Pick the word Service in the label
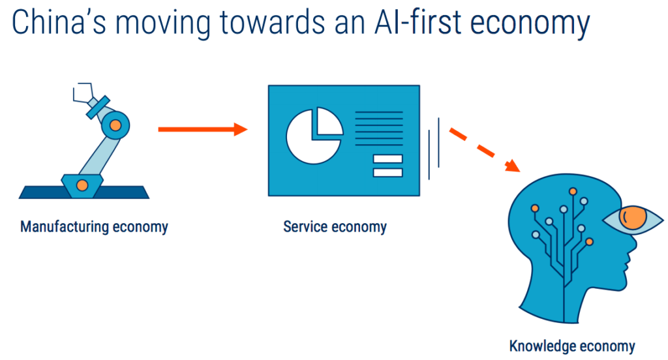(x=305, y=227)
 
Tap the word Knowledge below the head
(x=540, y=346)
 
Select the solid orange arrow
(x=203, y=129)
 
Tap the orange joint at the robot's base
(x=82, y=185)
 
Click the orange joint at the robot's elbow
(x=115, y=123)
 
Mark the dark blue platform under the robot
(x=83, y=192)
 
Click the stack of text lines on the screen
(x=380, y=128)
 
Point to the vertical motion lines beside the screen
(x=434, y=149)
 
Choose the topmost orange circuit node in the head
(x=573, y=192)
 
